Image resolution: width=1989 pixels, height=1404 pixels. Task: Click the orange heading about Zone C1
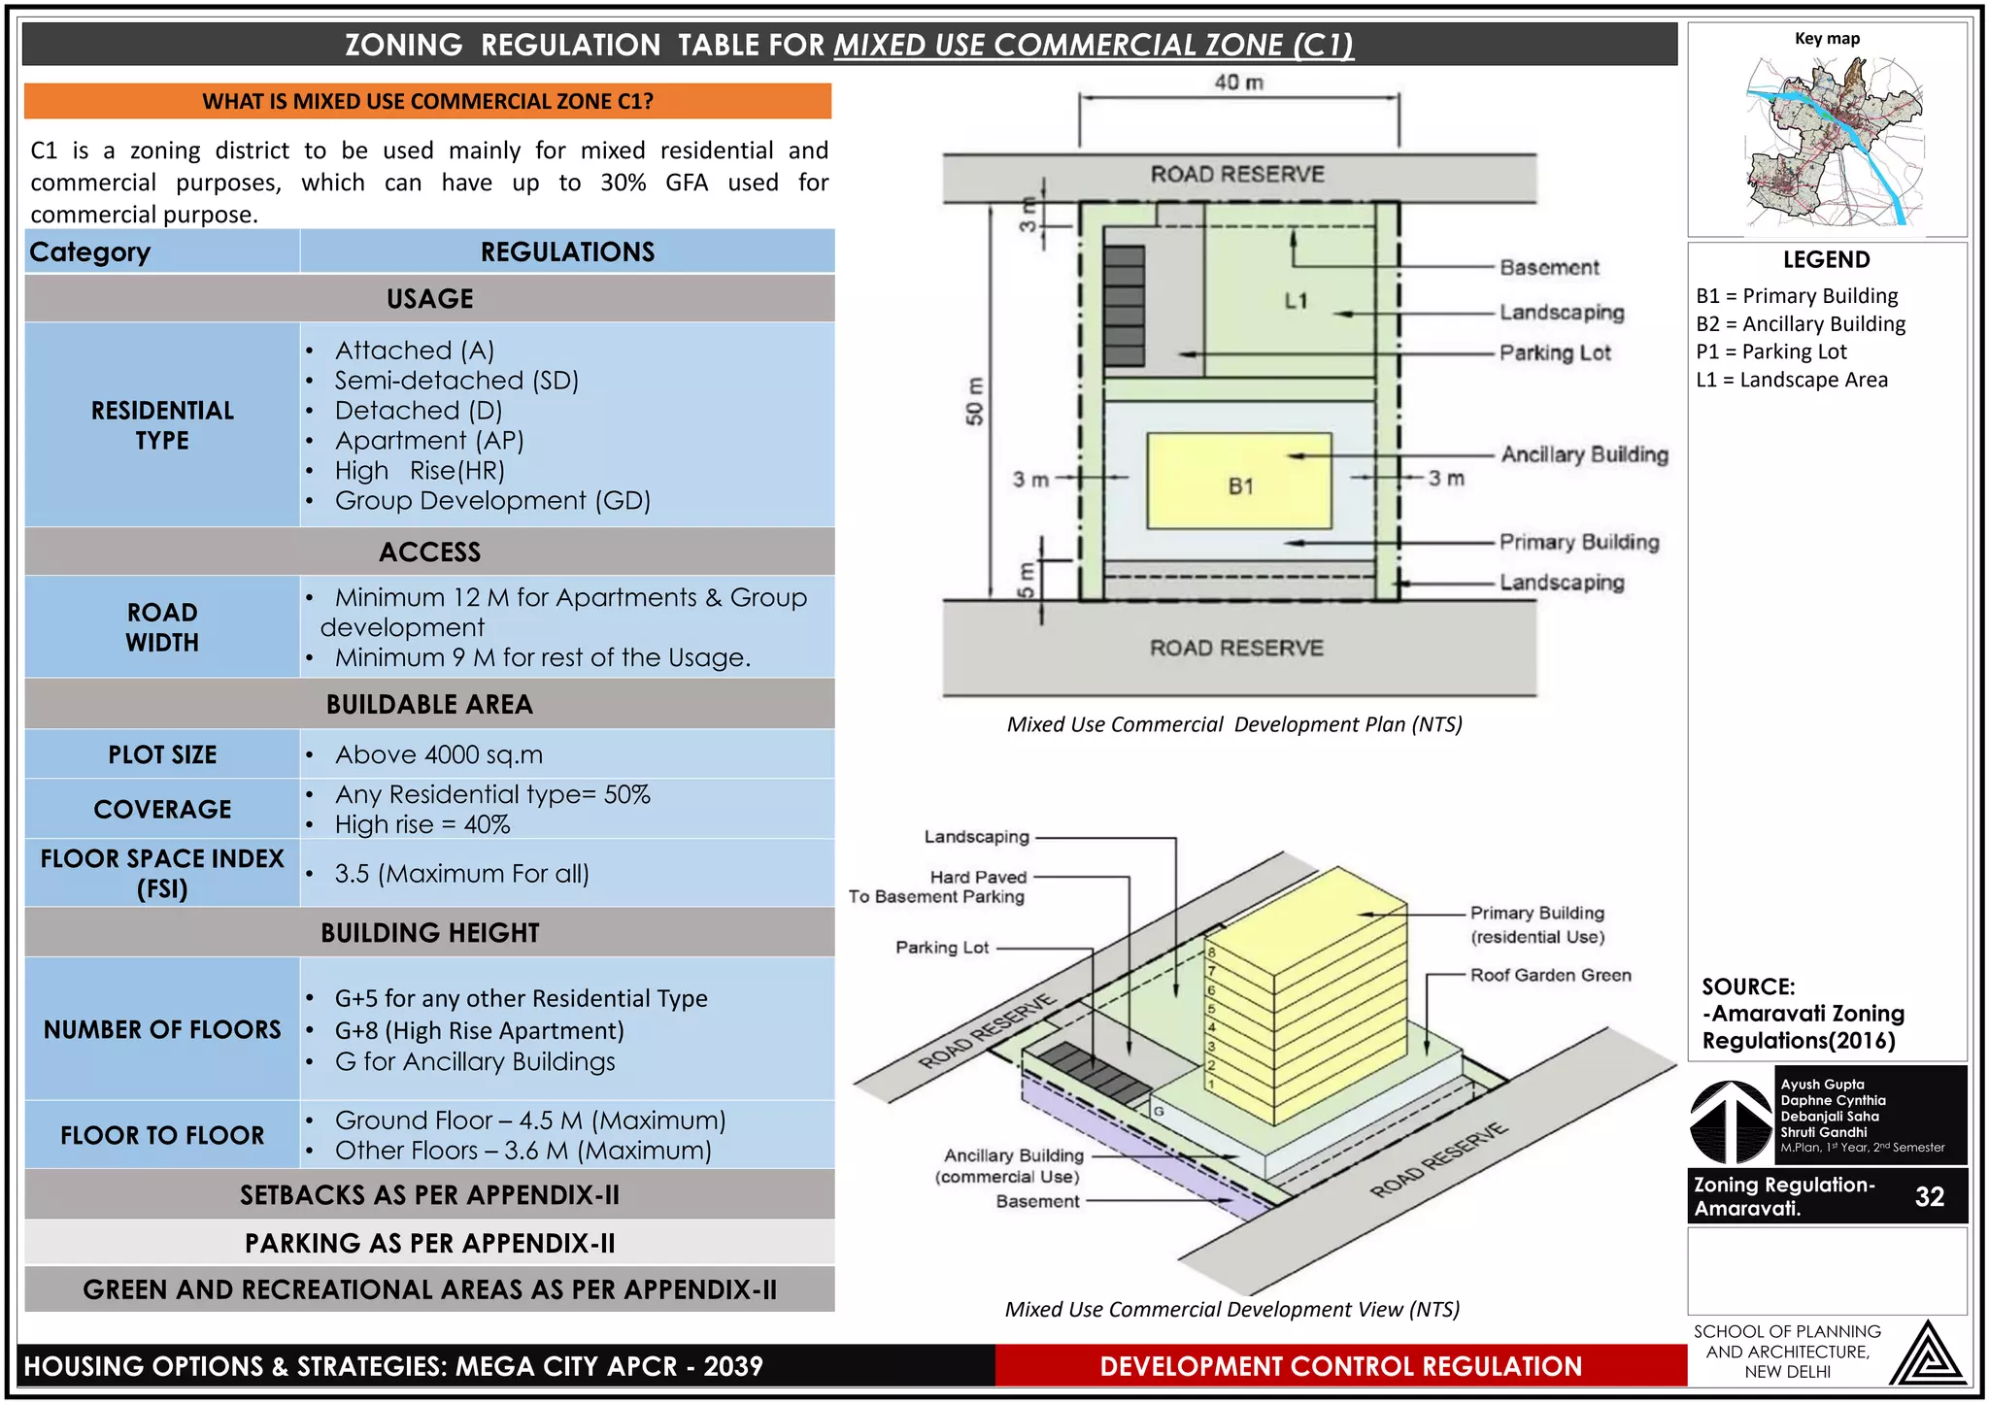[427, 101]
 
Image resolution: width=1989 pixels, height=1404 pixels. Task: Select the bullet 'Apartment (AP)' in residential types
[428, 441]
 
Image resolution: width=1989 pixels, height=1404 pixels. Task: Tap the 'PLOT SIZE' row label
[162, 754]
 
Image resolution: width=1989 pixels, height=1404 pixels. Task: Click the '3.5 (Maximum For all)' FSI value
[461, 874]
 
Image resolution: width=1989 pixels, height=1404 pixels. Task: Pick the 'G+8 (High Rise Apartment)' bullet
[479, 1030]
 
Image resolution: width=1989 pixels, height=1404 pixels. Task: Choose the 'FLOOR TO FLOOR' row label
[162, 1135]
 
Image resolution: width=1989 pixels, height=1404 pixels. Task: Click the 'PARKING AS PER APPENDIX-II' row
[429, 1243]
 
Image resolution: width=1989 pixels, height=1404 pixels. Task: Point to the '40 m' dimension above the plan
[1238, 83]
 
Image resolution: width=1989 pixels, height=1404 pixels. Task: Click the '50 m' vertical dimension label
[975, 400]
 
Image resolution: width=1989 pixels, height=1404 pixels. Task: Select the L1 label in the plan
[1296, 301]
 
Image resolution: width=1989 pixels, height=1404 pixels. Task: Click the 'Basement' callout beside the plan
[1548, 267]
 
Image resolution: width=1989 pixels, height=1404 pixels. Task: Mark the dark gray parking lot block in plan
[1124, 306]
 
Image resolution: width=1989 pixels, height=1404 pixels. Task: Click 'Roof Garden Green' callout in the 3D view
[1550, 975]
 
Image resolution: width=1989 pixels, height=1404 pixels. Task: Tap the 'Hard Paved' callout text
[977, 877]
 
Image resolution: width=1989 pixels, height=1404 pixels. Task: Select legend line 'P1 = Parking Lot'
[1770, 351]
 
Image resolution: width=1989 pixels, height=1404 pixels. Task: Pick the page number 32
[1929, 1196]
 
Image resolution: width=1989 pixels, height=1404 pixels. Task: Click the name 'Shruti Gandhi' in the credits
[1823, 1132]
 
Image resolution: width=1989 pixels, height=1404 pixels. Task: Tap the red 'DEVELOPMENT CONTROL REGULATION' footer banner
[1340, 1366]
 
